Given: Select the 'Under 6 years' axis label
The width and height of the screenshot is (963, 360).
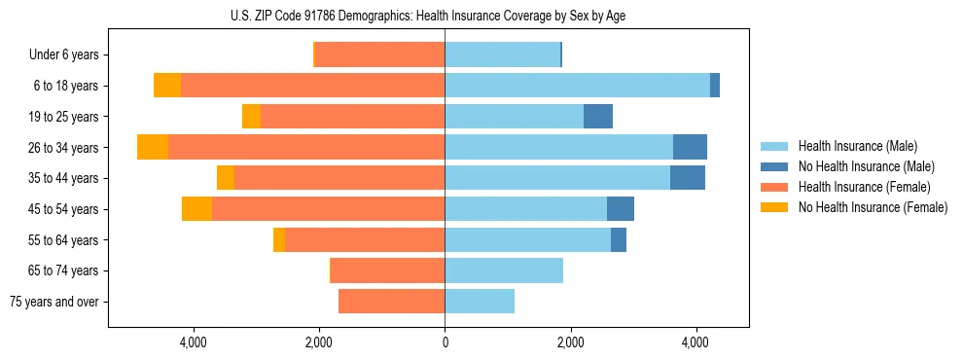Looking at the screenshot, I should [x=70, y=54].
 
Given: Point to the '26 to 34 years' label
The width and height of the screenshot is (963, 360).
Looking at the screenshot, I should [x=66, y=148].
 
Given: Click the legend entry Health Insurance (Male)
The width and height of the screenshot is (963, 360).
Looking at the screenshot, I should [x=857, y=146].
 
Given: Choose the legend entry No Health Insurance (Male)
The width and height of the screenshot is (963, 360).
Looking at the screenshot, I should [x=866, y=166].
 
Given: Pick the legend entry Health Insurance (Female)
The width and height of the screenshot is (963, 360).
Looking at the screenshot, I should [x=863, y=187].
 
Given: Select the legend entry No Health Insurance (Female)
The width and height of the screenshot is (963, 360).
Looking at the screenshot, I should [x=872, y=207].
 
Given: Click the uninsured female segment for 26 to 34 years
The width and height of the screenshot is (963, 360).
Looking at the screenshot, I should [x=153, y=147].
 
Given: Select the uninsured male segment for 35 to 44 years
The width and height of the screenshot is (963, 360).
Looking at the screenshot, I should [x=688, y=178].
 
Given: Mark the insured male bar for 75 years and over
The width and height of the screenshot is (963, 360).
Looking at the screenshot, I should [x=480, y=302].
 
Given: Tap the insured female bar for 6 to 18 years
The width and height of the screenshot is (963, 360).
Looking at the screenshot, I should [x=312, y=86].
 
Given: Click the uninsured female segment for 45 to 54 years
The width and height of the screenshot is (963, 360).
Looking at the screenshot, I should [x=196, y=209].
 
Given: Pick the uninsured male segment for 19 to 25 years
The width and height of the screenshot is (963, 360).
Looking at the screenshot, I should [x=598, y=117].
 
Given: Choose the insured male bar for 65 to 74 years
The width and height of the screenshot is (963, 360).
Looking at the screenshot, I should [x=504, y=270].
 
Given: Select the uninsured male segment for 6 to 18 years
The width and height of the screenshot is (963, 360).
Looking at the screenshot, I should [x=715, y=86].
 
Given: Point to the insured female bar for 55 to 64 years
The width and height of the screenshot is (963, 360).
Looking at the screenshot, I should [x=365, y=240].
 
